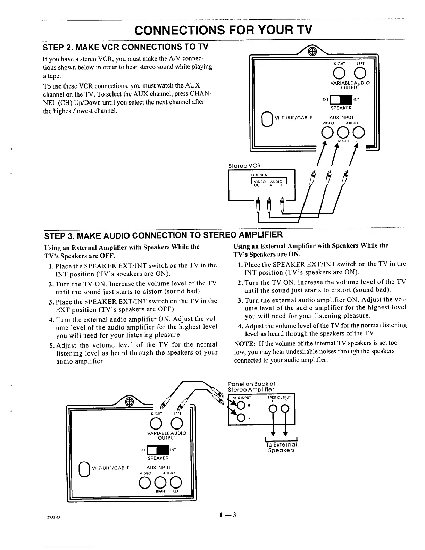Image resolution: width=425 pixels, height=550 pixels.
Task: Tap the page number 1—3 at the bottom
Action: click(227, 515)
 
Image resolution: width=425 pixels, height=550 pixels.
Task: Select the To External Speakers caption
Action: click(281, 448)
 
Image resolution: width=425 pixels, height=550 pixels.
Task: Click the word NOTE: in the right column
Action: click(245, 343)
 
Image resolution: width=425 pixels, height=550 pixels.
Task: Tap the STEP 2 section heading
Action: click(127, 47)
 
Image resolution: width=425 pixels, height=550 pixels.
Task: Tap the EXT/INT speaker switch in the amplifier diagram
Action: click(158, 450)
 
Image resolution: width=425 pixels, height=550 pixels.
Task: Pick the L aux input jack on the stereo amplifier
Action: click(240, 417)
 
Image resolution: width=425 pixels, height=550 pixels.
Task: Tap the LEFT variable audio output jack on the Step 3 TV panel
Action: click(177, 423)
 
